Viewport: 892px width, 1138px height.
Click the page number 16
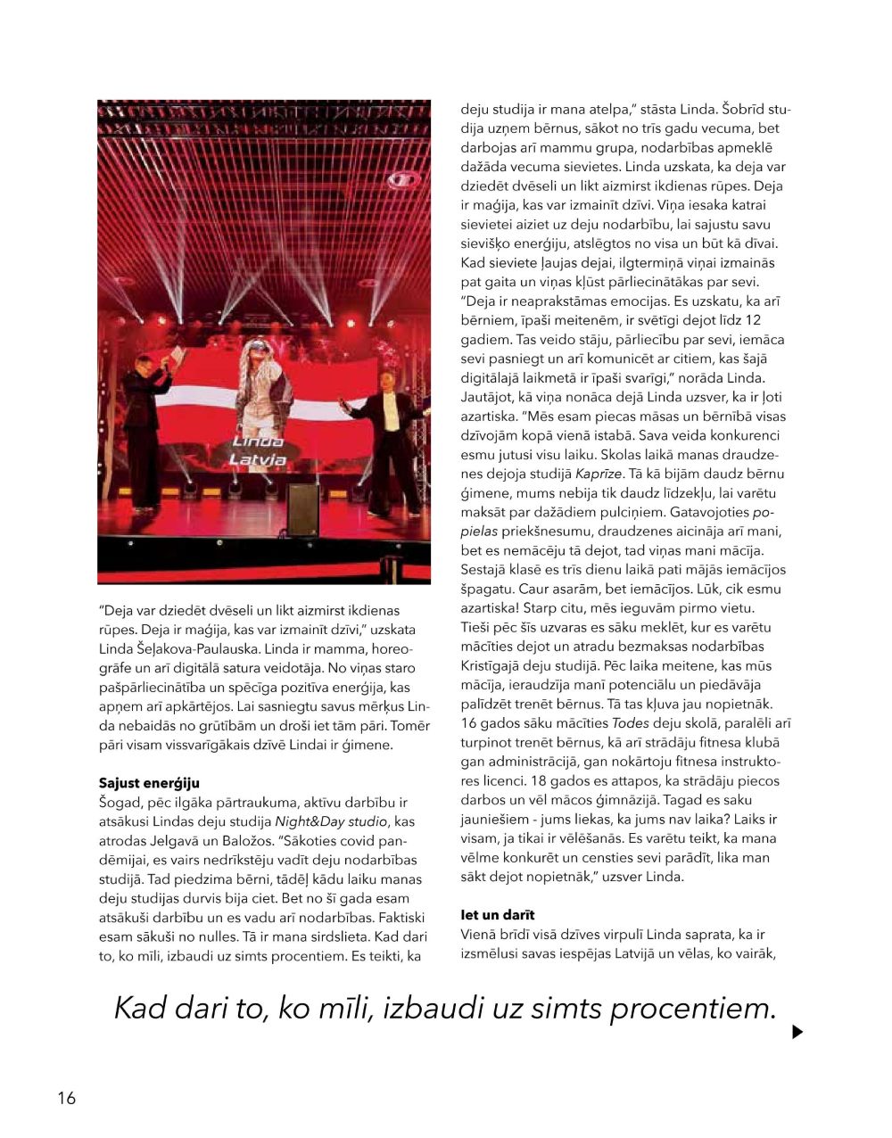(67, 1098)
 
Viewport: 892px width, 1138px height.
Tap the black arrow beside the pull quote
(797, 1032)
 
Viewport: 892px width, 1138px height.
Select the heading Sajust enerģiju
(149, 783)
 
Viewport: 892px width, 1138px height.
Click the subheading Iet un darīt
(498, 915)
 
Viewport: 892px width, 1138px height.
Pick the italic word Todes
(630, 723)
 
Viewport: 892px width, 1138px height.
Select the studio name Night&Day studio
(331, 821)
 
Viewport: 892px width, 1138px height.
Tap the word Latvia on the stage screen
(258, 460)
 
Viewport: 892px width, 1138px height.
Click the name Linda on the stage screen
(258, 441)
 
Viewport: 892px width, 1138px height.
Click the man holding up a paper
(145, 419)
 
